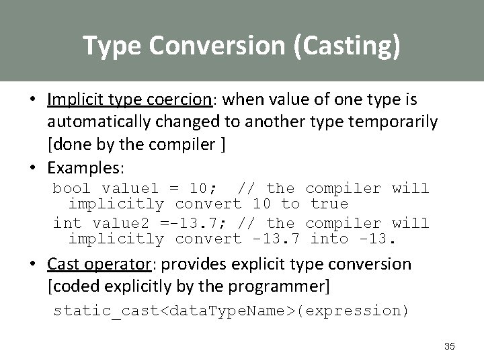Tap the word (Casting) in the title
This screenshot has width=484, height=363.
(x=346, y=46)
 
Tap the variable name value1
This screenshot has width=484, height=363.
(x=120, y=188)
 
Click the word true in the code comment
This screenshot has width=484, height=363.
(x=329, y=204)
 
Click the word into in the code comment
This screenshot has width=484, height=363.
(x=329, y=239)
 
